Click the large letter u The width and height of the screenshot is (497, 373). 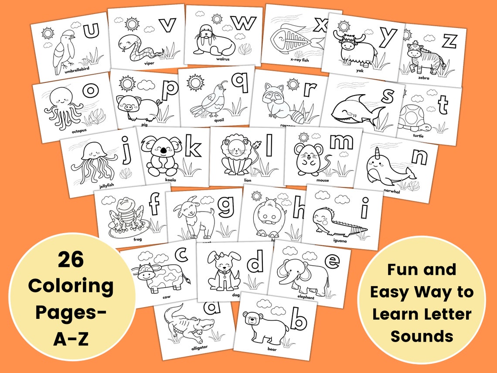click(92, 31)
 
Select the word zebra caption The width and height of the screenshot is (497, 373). click(423, 78)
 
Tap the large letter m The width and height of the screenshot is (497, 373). click(341, 141)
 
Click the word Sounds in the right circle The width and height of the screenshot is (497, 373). click(422, 336)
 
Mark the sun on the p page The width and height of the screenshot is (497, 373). click(127, 83)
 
